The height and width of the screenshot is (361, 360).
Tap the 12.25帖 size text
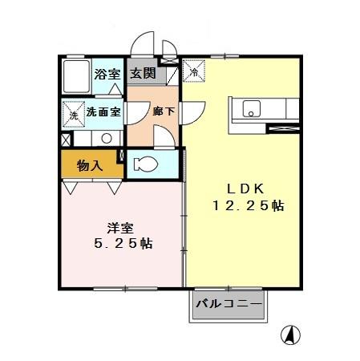tap(247, 206)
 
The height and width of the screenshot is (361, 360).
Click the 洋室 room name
tap(120, 227)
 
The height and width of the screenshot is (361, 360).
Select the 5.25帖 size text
tap(122, 244)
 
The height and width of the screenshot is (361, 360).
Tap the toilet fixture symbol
tap(148, 164)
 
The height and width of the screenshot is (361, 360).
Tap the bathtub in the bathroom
tap(75, 77)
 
